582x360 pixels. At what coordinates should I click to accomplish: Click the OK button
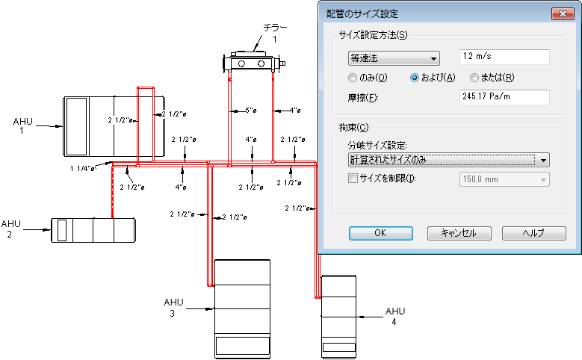380,232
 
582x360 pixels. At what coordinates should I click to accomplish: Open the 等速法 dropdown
393,58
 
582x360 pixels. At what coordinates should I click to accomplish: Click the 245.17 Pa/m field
504,97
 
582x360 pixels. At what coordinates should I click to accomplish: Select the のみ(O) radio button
353,78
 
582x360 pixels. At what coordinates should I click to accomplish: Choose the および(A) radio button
415,78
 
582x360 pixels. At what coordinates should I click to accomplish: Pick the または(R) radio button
474,78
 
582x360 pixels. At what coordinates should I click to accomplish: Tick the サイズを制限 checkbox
353,179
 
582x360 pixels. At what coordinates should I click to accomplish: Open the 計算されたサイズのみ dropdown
448,159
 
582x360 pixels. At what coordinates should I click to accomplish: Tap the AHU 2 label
10,229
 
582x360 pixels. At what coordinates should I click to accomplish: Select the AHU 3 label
173,307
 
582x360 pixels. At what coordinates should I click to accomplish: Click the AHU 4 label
395,316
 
